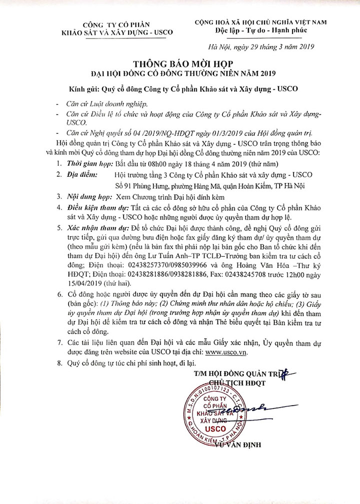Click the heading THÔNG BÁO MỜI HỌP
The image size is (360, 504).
pos(180,63)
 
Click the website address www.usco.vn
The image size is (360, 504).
pos(228,351)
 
